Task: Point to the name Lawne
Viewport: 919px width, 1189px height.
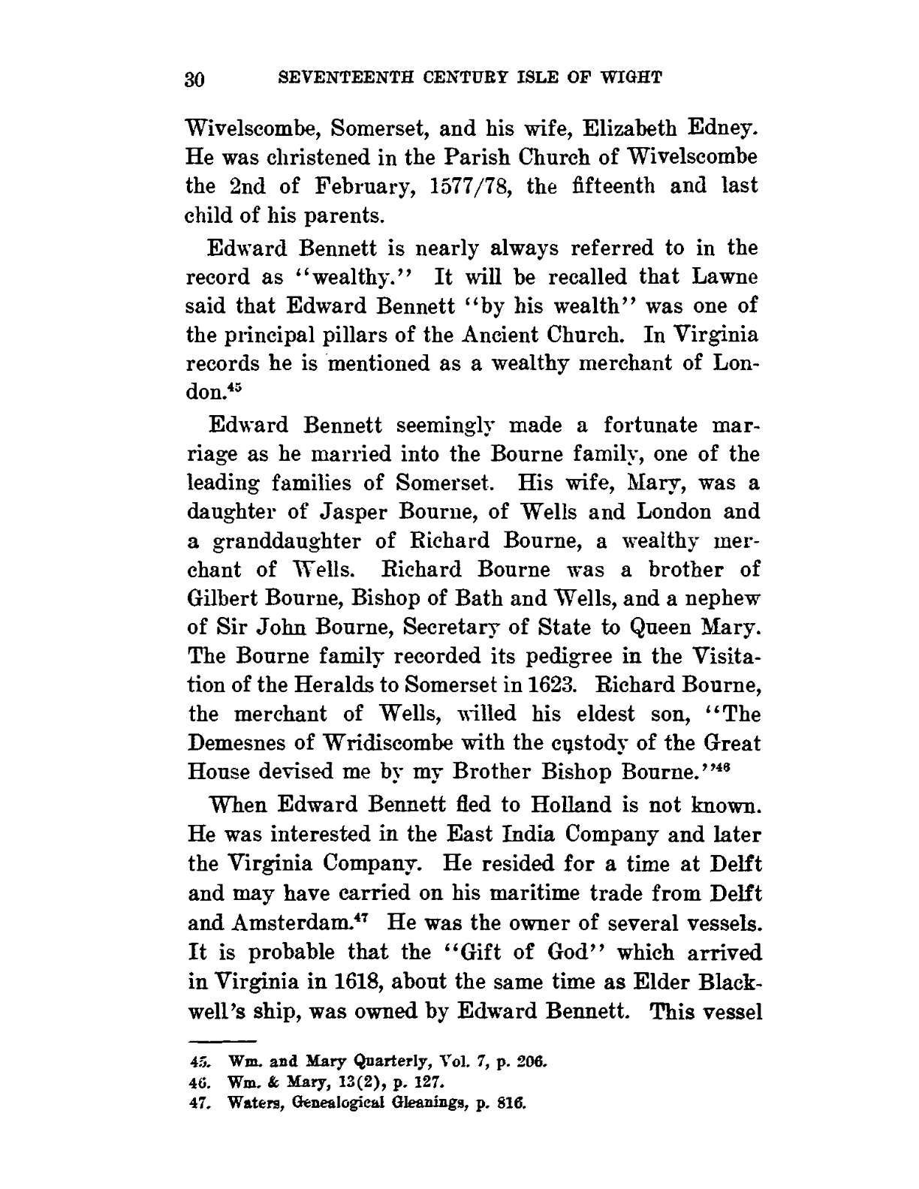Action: (x=726, y=277)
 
